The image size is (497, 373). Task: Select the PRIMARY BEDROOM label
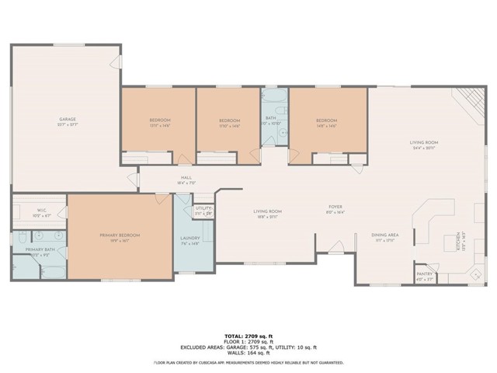[119, 236]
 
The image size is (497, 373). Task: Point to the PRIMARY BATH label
[39, 251]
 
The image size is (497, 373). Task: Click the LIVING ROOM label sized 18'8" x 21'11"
[268, 213]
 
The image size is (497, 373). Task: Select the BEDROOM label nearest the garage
[160, 121]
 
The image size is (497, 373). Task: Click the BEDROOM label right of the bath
[326, 121]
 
